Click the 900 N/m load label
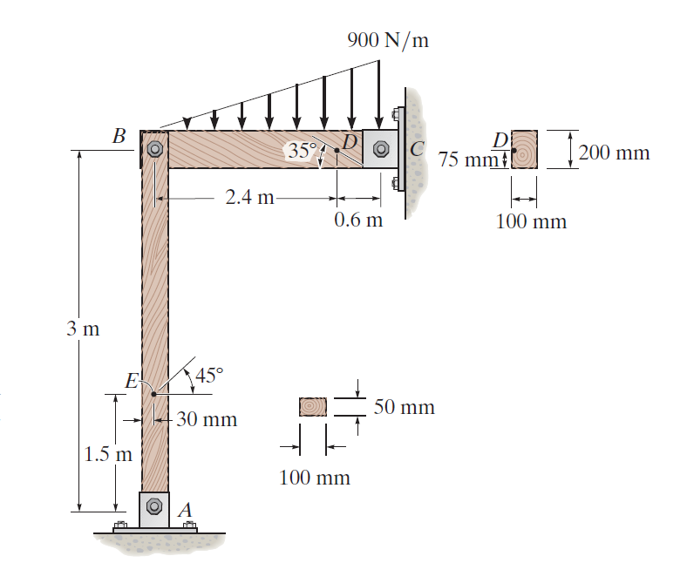(387, 40)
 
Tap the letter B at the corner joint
(119, 136)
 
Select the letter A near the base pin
(186, 508)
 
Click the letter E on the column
(132, 380)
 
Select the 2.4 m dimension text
(249, 197)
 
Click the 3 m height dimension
(85, 329)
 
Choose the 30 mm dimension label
(208, 419)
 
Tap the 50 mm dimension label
(404, 407)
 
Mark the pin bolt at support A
(154, 505)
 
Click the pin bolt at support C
(380, 149)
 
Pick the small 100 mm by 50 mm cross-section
(312, 407)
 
